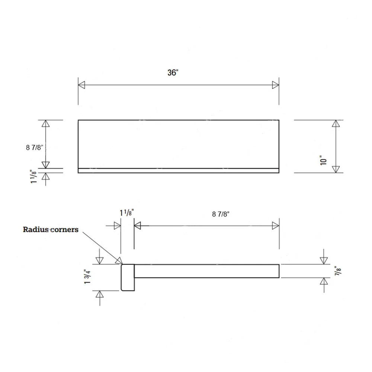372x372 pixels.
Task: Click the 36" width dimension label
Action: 173,73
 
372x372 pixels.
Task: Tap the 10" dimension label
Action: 323,160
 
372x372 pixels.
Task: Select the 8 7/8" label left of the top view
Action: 34,148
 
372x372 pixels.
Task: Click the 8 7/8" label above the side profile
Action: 221,214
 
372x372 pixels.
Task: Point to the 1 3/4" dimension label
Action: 87,276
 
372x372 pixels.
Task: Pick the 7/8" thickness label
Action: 338,271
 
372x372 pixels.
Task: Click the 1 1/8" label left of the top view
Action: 34,176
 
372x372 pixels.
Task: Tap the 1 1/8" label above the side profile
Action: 127,213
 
